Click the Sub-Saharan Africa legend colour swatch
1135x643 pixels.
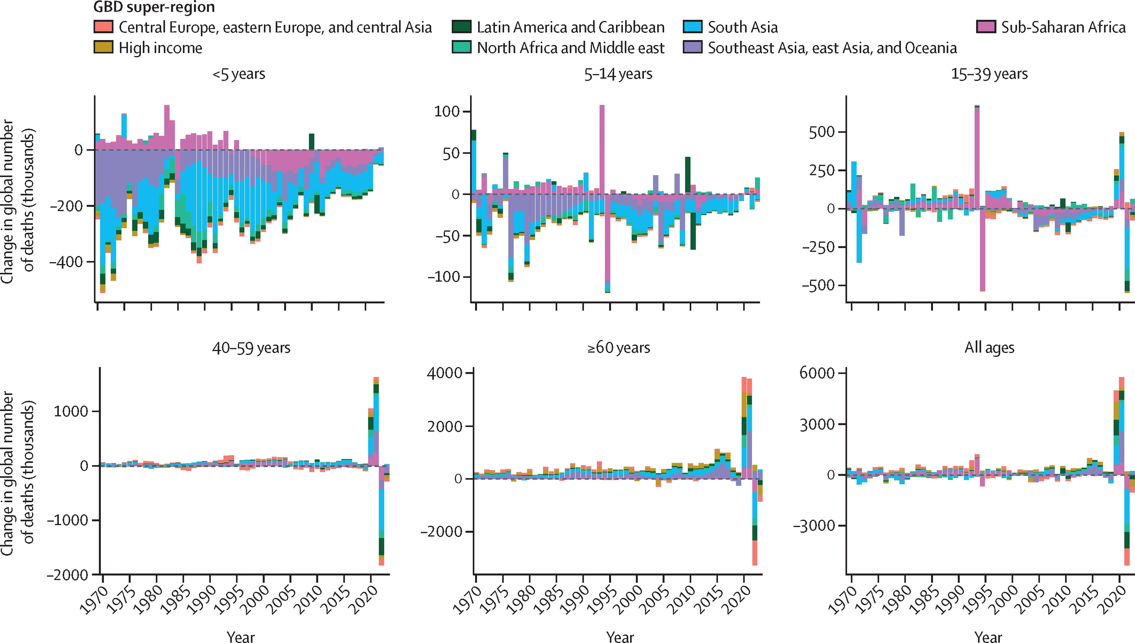986,27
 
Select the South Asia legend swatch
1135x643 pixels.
693,27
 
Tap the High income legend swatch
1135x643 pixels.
103,47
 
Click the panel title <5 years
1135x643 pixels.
239,74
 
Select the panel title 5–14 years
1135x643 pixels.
618,74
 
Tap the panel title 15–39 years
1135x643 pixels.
989,74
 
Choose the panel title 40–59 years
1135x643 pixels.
251,348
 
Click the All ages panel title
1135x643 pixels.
989,348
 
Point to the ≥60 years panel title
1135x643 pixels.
618,348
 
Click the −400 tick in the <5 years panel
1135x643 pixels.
66,262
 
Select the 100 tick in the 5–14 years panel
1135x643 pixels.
447,111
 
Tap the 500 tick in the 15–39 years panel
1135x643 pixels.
821,132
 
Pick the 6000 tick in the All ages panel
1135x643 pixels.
817,373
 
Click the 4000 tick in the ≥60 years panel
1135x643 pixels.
444,373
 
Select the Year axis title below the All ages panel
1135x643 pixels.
989,636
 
